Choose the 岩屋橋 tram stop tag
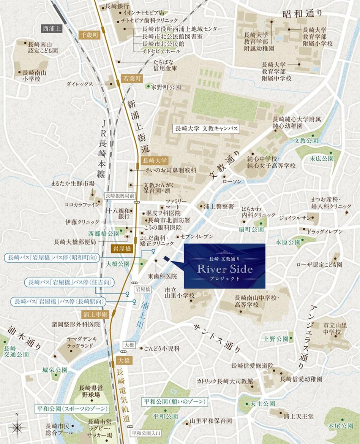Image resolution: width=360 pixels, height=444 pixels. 122,249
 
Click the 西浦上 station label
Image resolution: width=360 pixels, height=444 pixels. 52,28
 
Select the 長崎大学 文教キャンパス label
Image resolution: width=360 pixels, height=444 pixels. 206,128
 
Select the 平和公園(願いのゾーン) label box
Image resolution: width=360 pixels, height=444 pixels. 175,401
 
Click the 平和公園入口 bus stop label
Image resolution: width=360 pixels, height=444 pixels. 146,433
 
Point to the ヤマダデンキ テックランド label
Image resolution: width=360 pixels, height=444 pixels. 82,343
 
